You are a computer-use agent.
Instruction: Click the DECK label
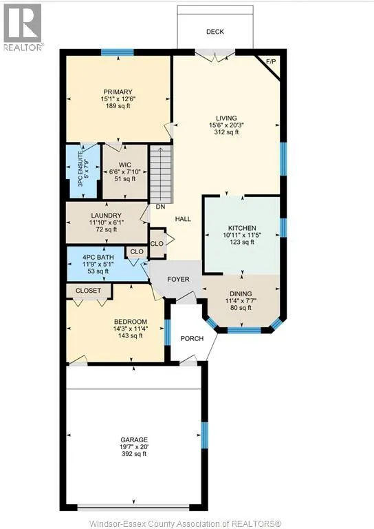pyautogui.click(x=214, y=32)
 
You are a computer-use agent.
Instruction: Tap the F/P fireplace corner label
pyautogui.click(x=271, y=62)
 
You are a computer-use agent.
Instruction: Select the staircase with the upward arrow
pyautogui.click(x=161, y=174)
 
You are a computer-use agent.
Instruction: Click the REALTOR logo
pyautogui.click(x=23, y=27)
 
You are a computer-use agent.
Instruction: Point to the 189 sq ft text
pyautogui.click(x=118, y=106)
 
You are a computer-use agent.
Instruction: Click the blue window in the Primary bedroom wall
pyautogui.click(x=118, y=52)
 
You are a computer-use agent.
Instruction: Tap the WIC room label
pyautogui.click(x=125, y=165)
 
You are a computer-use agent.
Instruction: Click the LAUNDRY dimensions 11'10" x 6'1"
pyautogui.click(x=106, y=222)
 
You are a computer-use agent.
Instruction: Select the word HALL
pyautogui.click(x=183, y=219)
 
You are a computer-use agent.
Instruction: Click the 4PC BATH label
pyautogui.click(x=98, y=258)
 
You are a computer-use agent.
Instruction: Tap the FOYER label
pyautogui.click(x=179, y=280)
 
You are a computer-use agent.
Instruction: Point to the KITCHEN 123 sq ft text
pyautogui.click(x=242, y=242)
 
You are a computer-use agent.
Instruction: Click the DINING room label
pyautogui.click(x=241, y=294)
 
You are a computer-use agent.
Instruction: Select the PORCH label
pyautogui.click(x=192, y=338)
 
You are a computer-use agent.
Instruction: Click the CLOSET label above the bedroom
pyautogui.click(x=88, y=291)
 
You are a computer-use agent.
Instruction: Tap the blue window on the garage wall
pyautogui.click(x=204, y=435)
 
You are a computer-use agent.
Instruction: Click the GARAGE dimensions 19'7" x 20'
pyautogui.click(x=134, y=447)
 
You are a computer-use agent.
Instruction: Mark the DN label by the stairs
pyautogui.click(x=160, y=207)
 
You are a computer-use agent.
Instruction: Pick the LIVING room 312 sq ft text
pyautogui.click(x=226, y=132)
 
